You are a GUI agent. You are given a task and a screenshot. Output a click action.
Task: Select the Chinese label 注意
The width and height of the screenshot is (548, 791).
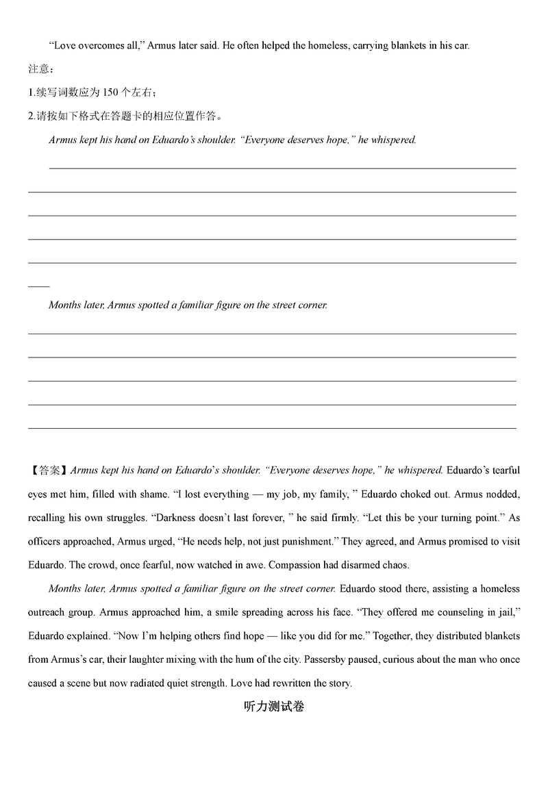39,69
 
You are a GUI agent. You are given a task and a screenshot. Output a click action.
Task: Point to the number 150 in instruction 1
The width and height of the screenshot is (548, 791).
111,92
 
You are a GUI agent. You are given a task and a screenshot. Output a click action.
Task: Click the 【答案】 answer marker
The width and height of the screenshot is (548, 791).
47,470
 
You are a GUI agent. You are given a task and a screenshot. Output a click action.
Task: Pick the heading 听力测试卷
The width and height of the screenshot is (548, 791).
273,706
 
